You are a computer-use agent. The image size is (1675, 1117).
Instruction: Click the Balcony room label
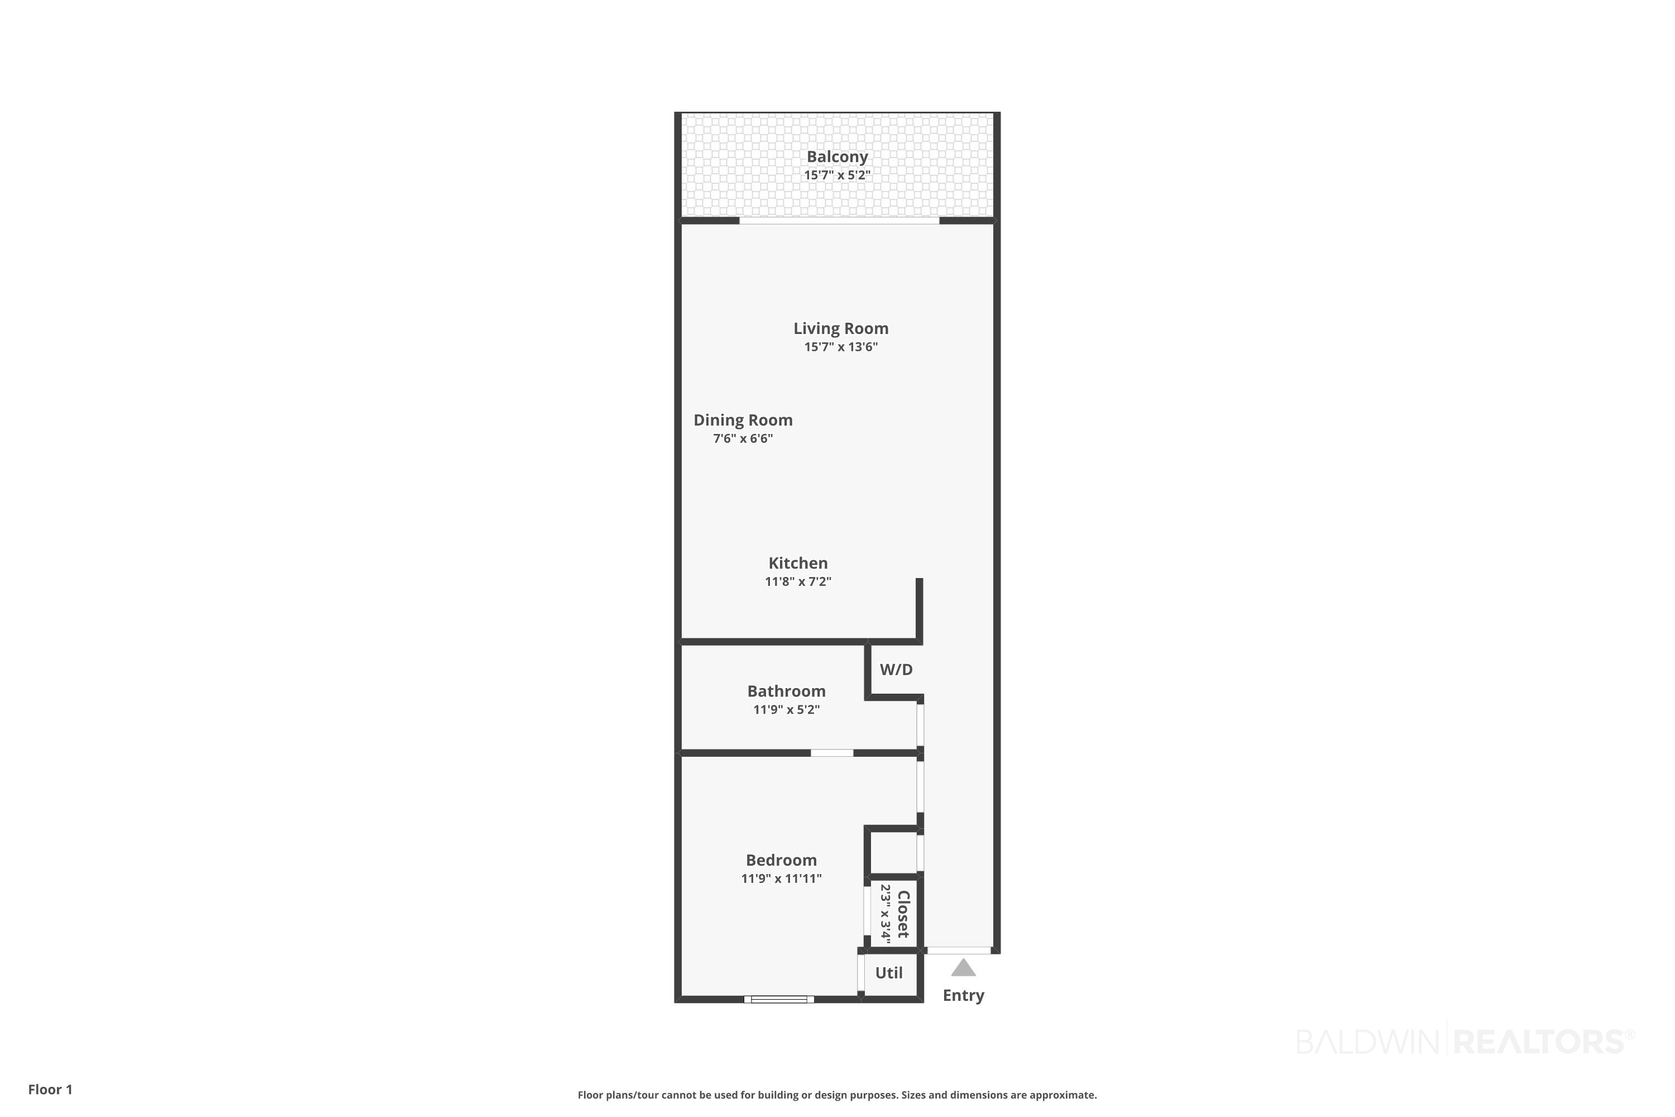coord(837,157)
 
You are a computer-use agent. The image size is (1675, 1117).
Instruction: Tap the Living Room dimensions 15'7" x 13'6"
coord(841,347)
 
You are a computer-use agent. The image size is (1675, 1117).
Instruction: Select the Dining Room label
coord(743,421)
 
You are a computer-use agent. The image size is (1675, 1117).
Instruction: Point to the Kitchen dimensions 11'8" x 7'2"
coord(798,581)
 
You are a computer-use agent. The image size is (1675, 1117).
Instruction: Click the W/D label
coord(896,670)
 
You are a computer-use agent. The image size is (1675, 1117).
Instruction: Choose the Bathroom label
coord(786,691)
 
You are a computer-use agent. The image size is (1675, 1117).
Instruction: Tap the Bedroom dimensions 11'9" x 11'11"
coord(781,879)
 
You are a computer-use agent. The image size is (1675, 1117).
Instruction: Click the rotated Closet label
coord(903,914)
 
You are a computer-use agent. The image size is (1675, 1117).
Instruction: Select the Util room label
coord(889,973)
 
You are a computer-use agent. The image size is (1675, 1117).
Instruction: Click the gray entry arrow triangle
coord(964,968)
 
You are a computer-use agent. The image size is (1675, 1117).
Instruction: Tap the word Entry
coord(964,996)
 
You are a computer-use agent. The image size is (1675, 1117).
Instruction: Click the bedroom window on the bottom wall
coord(779,1000)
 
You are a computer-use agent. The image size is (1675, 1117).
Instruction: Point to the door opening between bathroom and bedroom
coord(832,753)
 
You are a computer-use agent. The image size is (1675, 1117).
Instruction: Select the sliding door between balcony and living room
coord(840,221)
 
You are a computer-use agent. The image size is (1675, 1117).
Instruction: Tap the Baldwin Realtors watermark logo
coord(1466,1042)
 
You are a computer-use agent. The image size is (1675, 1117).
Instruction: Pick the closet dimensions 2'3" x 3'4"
coord(885,914)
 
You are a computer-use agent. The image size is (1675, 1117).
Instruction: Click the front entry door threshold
coord(959,951)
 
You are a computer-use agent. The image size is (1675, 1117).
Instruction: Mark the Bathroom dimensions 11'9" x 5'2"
coord(786,709)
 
